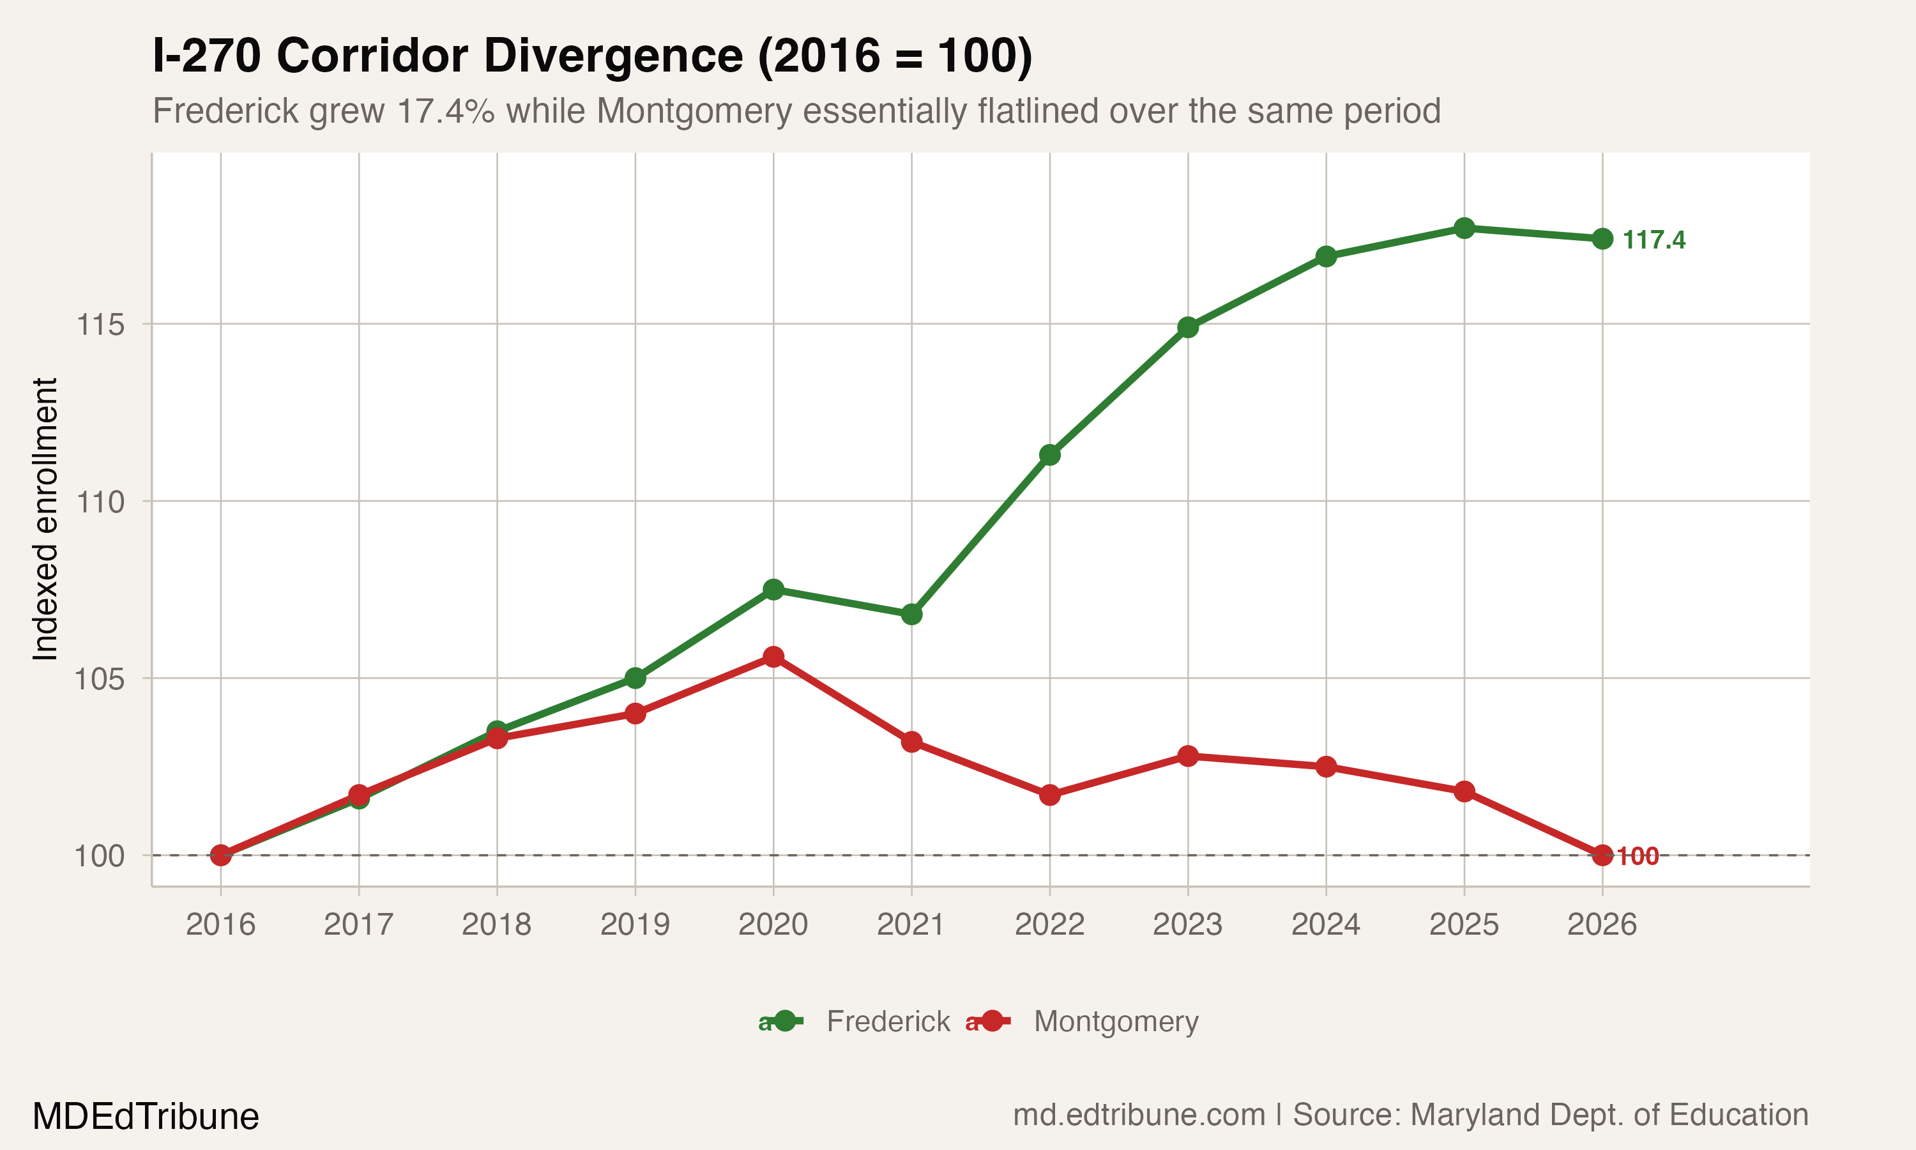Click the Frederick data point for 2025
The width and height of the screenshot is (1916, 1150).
pyautogui.click(x=1464, y=228)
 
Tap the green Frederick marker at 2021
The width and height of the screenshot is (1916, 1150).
pyautogui.click(x=911, y=615)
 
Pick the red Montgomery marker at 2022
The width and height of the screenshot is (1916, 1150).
pyautogui.click(x=1049, y=795)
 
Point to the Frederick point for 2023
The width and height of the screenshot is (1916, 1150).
pyautogui.click(x=1188, y=327)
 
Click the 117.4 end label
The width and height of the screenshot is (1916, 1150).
pyautogui.click(x=1654, y=240)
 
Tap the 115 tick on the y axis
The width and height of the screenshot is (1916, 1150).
pyautogui.click(x=100, y=325)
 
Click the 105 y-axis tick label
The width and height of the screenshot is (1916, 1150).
pyautogui.click(x=100, y=680)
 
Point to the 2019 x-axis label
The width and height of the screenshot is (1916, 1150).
pyautogui.click(x=635, y=924)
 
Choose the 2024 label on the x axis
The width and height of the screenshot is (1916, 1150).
pyautogui.click(x=1326, y=924)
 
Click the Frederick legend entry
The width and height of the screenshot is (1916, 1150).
pyautogui.click(x=888, y=1022)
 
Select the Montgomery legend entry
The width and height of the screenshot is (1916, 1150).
pyautogui.click(x=1115, y=1022)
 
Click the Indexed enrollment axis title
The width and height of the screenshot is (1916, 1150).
pyautogui.click(x=45, y=519)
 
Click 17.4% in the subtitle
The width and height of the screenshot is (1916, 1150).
pyautogui.click(x=445, y=111)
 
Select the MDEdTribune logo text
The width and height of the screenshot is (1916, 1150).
pyautogui.click(x=146, y=1117)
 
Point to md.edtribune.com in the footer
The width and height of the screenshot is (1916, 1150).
pyautogui.click(x=1139, y=1115)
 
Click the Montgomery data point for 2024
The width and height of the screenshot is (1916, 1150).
pyautogui.click(x=1326, y=767)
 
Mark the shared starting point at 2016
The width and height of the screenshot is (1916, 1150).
pyautogui.click(x=221, y=855)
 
